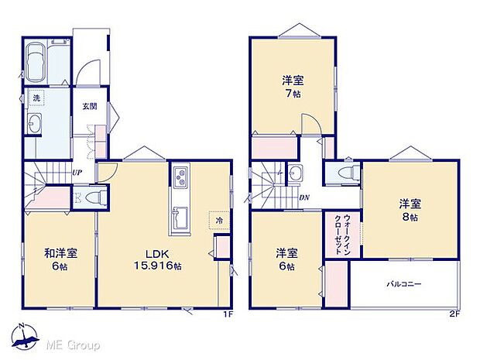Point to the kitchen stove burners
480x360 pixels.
pyautogui.click(x=180, y=178)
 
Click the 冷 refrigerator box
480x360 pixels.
pyautogui.click(x=219, y=221)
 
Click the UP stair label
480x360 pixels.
pyautogui.click(x=77, y=172)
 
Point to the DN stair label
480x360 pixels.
pyautogui.click(x=306, y=197)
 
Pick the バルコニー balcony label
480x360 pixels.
pyautogui.click(x=404, y=284)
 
